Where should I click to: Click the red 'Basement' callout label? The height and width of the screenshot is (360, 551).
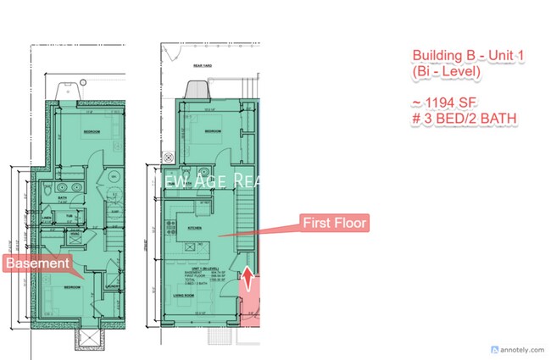[37, 263]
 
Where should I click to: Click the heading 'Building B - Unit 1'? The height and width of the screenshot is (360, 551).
[469, 57]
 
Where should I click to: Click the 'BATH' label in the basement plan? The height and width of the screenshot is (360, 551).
[63, 200]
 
